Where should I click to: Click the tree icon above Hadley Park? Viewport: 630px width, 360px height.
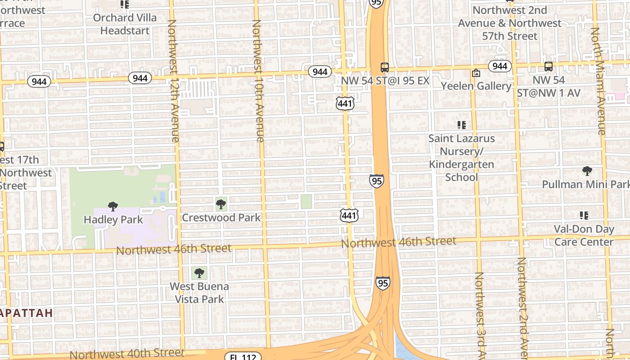click(x=113, y=207)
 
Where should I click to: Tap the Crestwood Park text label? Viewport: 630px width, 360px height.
click(x=221, y=218)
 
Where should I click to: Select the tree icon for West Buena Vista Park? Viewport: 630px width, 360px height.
click(x=199, y=273)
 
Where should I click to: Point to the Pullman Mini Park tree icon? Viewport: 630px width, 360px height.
click(x=587, y=171)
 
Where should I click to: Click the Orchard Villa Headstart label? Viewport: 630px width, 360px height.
click(x=125, y=24)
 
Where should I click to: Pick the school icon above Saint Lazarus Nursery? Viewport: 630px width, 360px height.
click(x=461, y=125)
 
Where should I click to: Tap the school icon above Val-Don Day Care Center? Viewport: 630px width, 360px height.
click(x=584, y=216)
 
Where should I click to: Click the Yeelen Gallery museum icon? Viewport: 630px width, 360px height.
click(x=476, y=73)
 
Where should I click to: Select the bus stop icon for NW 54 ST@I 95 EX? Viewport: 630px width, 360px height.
click(x=384, y=67)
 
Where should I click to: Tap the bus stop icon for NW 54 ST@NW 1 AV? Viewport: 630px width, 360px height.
click(x=548, y=67)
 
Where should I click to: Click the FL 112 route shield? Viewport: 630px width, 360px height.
click(x=243, y=356)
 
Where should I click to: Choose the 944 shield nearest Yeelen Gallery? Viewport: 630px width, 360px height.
click(x=499, y=66)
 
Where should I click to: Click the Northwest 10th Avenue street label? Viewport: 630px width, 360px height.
click(x=257, y=81)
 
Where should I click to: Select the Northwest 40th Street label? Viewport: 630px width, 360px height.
click(x=127, y=353)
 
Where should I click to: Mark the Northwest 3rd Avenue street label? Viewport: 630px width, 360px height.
click(x=480, y=315)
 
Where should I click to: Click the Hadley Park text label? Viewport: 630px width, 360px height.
click(x=113, y=220)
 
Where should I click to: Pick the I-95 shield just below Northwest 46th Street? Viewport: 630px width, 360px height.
click(x=382, y=283)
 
